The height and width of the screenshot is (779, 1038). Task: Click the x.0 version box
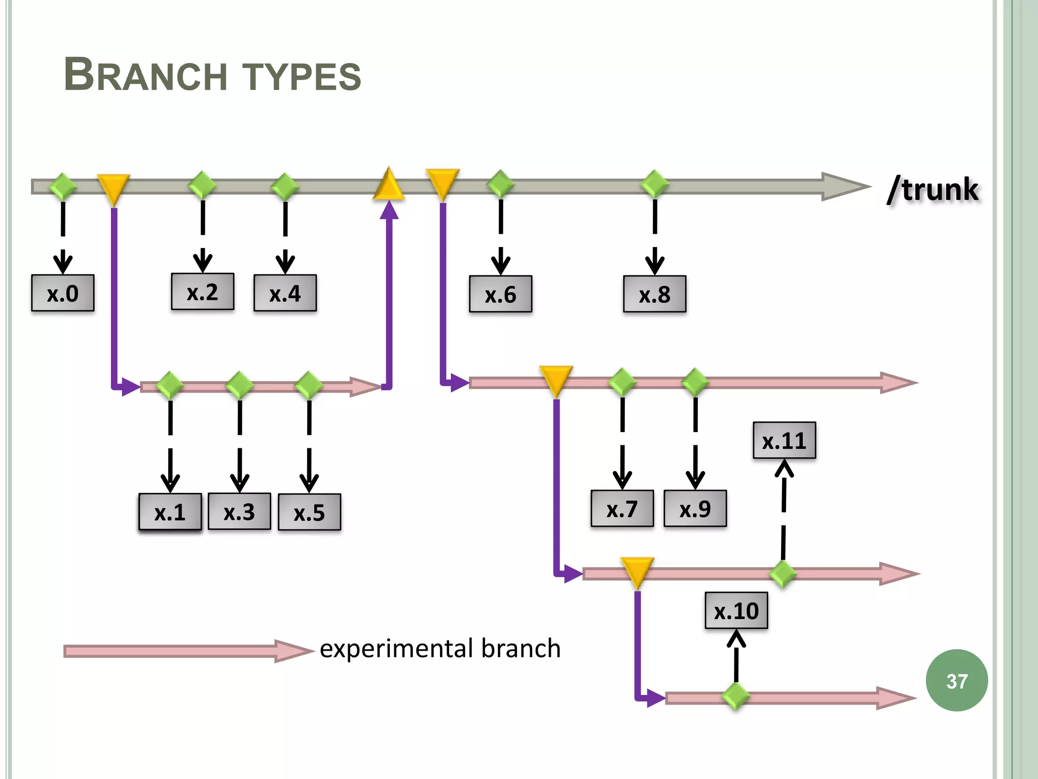63,293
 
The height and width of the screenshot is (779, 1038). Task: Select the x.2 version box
203,292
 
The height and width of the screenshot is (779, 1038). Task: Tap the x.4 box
285,293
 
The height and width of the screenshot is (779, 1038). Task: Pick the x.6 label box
500,294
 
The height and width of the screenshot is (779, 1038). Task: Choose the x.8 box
654,294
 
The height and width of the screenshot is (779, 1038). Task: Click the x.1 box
170,512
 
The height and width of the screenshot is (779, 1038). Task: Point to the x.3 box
239,512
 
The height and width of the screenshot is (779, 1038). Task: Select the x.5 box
309,512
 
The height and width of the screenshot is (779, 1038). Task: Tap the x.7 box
622,509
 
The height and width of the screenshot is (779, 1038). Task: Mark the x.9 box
695,509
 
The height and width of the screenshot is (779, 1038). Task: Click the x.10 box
736,611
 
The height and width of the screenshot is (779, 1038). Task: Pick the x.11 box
784,440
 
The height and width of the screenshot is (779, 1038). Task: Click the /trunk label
933,190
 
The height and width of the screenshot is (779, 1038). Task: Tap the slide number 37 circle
956,681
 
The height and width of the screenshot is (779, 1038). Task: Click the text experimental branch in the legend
440,649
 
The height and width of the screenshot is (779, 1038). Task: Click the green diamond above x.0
63,186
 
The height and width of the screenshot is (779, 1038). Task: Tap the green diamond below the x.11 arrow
783,574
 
